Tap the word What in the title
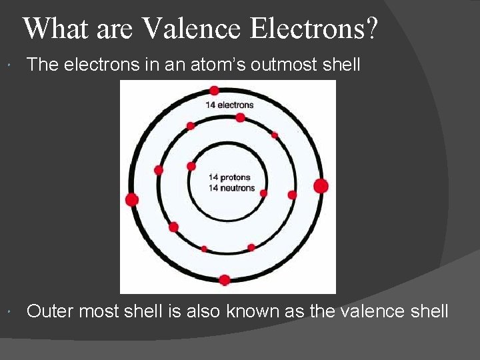(x=50, y=29)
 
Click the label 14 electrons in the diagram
(x=229, y=105)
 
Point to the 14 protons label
(x=229, y=177)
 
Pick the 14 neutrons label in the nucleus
(x=231, y=188)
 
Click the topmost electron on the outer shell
(x=214, y=91)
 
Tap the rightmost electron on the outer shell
(x=321, y=186)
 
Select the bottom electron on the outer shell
(x=225, y=280)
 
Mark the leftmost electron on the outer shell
(x=132, y=199)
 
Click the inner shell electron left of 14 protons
(x=191, y=166)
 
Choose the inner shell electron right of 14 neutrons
(x=263, y=193)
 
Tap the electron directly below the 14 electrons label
(x=240, y=118)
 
